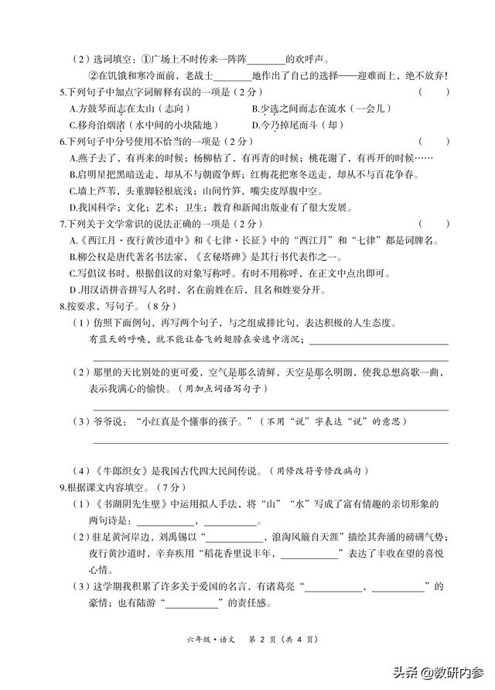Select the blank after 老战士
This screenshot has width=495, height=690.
point(232,76)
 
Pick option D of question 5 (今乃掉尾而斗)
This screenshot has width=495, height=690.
point(257,125)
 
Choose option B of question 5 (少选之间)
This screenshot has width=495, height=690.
point(257,109)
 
